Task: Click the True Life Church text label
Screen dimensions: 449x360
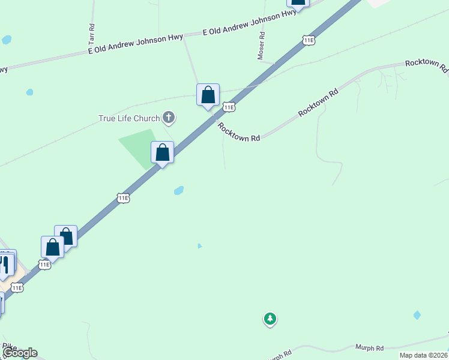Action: (129, 118)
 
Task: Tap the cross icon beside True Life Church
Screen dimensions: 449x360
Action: (169, 118)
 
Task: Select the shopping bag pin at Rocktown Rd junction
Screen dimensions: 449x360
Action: (208, 95)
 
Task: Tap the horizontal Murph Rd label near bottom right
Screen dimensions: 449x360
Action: (369, 348)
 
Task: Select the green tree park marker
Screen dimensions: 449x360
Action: (270, 319)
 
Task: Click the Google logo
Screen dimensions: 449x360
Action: (20, 353)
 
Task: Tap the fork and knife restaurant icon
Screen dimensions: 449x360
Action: (5, 264)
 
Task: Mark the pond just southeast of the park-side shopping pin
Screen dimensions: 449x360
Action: (178, 191)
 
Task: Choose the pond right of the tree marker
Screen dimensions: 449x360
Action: (417, 315)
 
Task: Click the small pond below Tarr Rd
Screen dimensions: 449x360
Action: (29, 92)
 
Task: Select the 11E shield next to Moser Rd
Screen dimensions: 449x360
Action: (309, 40)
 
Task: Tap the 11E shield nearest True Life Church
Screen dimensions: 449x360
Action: (229, 107)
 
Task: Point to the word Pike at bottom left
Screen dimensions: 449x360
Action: (8, 346)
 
